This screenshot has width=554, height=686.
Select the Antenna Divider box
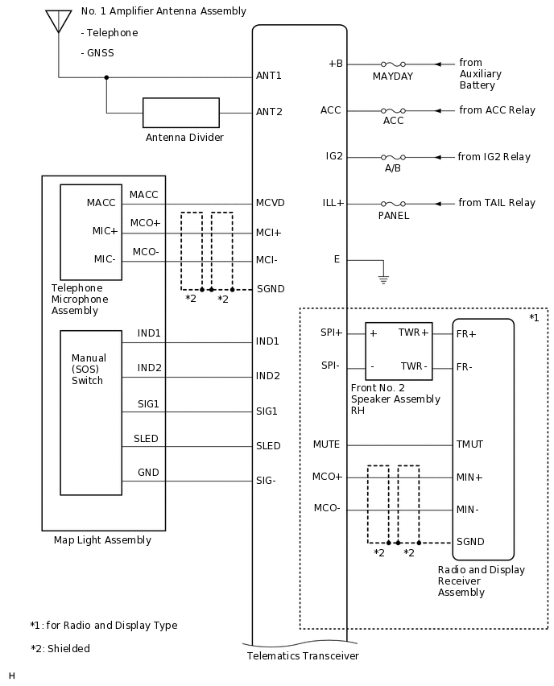pos(180,113)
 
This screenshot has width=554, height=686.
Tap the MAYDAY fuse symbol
pos(392,64)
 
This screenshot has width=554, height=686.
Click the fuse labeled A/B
pos(392,157)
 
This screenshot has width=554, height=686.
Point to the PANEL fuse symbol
pos(392,204)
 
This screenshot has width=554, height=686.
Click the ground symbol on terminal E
pos(383,279)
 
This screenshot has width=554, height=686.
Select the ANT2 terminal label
pos(269,112)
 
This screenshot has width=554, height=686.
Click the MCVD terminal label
pos(270,203)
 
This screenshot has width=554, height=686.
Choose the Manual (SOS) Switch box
pos(90,411)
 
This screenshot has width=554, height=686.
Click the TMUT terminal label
pos(470,444)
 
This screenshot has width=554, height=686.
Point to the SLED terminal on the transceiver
pos(268,446)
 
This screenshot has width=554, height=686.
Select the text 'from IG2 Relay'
pos(494,157)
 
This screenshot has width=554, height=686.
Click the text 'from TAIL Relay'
pos(496,204)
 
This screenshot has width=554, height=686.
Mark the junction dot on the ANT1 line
pos(106,78)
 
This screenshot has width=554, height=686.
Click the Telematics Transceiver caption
pos(302,655)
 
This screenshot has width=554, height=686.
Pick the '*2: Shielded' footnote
pos(60,648)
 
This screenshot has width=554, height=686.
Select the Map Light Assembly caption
pos(102,540)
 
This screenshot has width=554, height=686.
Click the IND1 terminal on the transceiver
pos(267,341)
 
